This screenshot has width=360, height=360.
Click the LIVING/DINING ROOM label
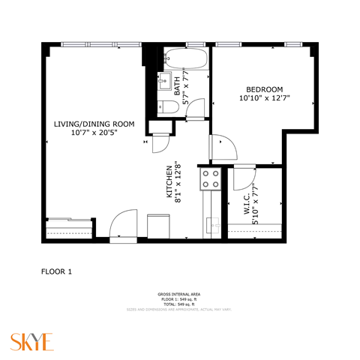[94, 124]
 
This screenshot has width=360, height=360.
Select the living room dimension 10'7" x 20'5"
[94, 133]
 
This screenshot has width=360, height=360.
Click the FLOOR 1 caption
[56, 271]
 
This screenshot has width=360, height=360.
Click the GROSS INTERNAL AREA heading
[178, 293]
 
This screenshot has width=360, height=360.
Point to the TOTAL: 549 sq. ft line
[178, 304]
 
